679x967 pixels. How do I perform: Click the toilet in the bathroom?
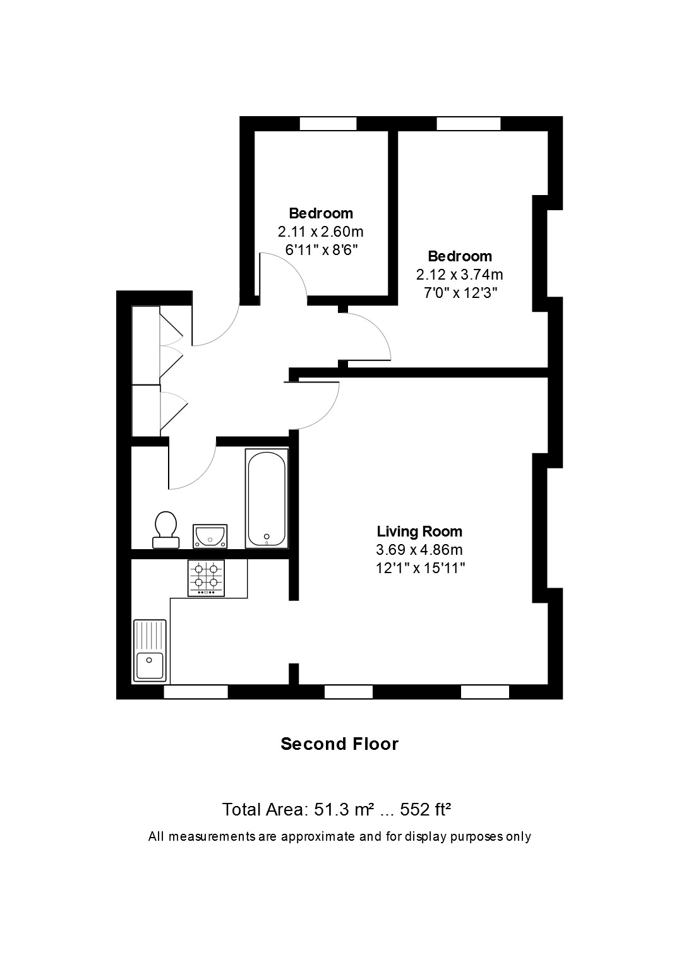[166, 530]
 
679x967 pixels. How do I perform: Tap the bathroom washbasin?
[210, 536]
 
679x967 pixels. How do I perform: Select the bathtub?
[267, 499]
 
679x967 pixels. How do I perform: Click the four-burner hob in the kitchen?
[206, 578]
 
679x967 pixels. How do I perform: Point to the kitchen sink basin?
[150, 665]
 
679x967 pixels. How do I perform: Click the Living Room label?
[419, 531]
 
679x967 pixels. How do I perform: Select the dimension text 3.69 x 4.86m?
[419, 550]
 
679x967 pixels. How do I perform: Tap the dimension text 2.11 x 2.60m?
[320, 232]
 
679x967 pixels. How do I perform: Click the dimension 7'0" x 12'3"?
[460, 293]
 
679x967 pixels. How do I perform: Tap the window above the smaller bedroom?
[328, 124]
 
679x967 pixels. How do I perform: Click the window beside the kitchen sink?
[196, 692]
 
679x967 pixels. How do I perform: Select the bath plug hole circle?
[267, 537]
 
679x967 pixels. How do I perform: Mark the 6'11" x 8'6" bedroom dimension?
[321, 250]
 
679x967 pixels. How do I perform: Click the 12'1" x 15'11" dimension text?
[420, 568]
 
